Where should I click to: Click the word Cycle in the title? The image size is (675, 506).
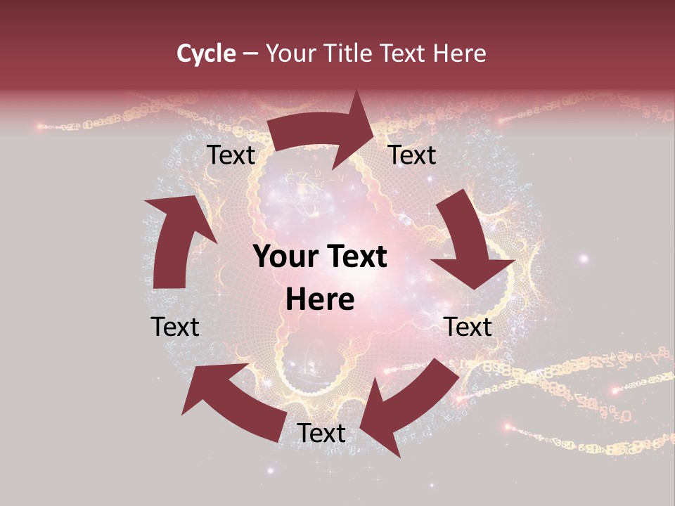click(205, 53)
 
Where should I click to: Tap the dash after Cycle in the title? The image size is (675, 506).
click(250, 53)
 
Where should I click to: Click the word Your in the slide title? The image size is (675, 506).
click(289, 53)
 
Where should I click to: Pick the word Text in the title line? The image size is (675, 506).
click(402, 53)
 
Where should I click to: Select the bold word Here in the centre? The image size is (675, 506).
click(320, 300)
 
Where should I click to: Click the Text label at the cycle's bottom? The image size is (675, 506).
click(321, 433)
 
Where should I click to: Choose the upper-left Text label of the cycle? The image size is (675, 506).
click(231, 155)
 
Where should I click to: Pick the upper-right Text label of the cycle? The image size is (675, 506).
click(412, 155)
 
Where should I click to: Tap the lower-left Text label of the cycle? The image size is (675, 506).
click(175, 327)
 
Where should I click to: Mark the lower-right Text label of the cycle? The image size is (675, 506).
click(468, 327)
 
